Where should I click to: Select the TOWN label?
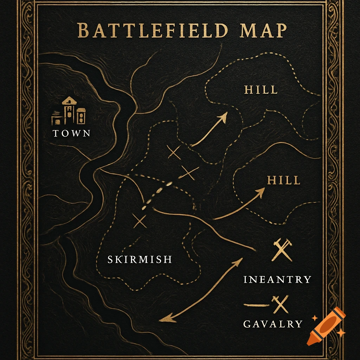(x=72, y=133)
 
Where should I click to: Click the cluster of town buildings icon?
(x=69, y=111)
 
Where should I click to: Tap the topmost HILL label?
(x=261, y=90)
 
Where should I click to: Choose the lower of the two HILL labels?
(x=284, y=181)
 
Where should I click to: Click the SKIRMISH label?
(x=140, y=259)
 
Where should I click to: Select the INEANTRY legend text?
(x=277, y=279)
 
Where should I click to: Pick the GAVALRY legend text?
(x=273, y=323)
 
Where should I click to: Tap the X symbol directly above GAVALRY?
(x=281, y=304)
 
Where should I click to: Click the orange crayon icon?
(x=325, y=326)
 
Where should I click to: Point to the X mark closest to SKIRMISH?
(x=140, y=221)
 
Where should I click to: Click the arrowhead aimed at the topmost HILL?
(x=223, y=117)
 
